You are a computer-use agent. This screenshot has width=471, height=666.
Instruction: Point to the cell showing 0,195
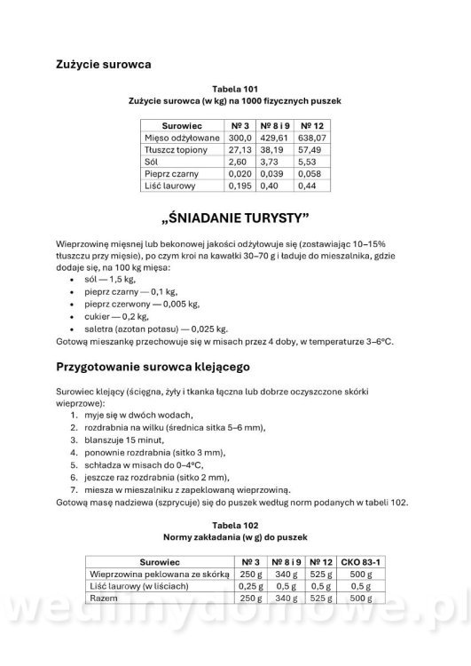coord(237,186)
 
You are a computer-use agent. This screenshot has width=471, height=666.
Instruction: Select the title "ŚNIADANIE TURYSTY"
coord(235,218)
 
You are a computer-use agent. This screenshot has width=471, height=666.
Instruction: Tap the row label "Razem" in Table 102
coord(106,599)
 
